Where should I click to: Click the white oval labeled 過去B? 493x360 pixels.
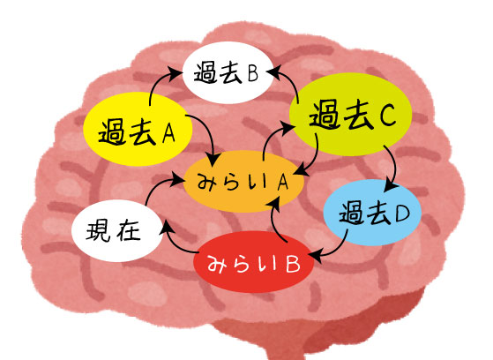pos(228,72)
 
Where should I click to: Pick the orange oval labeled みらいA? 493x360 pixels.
pos(243,181)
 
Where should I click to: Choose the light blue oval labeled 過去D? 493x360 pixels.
pos(372,213)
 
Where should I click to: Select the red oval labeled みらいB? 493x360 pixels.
pos(254,262)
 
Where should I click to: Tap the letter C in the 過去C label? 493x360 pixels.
pos(387,116)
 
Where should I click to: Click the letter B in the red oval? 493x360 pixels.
pos(293,264)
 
